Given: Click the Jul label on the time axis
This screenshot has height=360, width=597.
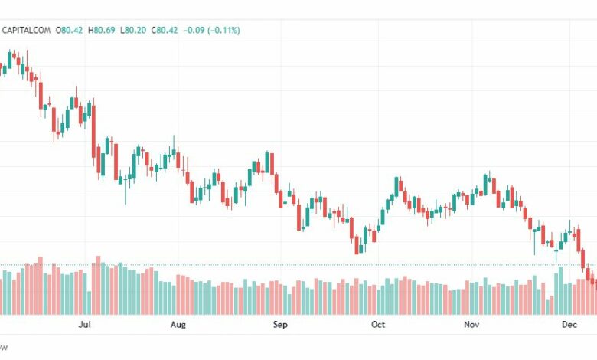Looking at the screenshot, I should point(85,325).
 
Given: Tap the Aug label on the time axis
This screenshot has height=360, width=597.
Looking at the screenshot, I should point(178,325).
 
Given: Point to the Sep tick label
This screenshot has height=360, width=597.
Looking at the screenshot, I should point(279,325).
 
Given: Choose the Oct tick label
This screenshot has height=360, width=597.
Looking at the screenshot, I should point(377,325).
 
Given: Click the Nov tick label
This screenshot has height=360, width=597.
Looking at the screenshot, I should point(471,325).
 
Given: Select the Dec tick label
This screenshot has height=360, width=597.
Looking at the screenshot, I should point(569,325).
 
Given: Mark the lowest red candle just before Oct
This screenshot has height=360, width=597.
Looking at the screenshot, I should point(357,244).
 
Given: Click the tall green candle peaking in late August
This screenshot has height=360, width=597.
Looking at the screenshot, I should point(269,163).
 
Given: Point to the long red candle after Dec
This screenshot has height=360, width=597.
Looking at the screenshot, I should point(583,259).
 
